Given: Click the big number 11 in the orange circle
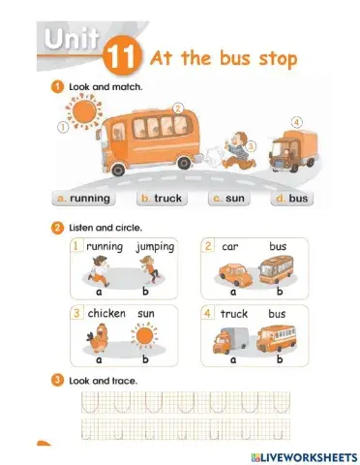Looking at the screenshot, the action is point(121,57).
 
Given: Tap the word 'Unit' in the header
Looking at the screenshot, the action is point(72,39).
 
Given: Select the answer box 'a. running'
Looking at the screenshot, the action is point(83,199).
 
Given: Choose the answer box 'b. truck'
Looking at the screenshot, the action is point(162,199).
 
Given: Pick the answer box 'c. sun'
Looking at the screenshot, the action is point(228,199).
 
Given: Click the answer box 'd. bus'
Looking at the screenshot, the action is point(291,199).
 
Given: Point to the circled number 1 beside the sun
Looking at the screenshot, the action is point(63,127).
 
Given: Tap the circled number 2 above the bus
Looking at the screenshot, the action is point(178,108).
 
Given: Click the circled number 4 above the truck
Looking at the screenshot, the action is point(296,123).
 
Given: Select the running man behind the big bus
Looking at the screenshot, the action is point(239,150).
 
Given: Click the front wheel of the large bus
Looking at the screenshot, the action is point(118,169).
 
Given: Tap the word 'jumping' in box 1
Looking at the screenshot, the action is point(155,247).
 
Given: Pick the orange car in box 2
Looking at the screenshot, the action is point(233,275).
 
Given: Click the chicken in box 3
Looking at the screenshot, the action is point(98,338).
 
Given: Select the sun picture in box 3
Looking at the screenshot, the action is point(144,336).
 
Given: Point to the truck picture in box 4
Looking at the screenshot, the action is point(230,340).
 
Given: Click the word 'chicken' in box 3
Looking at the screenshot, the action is point(106,313).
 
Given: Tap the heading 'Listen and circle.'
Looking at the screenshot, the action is point(105,228).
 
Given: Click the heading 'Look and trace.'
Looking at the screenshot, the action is point(104,381).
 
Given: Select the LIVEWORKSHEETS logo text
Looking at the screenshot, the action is point(304,457).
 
